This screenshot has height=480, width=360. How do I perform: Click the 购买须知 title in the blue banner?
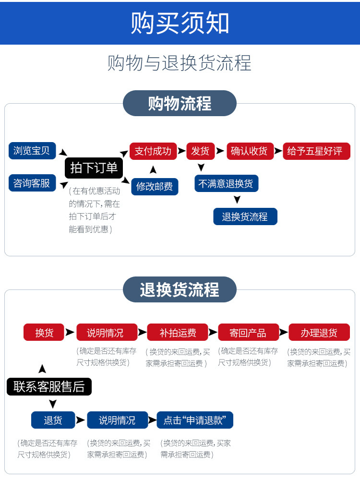[x=180, y=23]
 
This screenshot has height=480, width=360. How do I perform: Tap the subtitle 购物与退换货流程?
[x=180, y=63]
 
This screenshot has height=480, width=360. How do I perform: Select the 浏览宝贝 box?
[x=32, y=151]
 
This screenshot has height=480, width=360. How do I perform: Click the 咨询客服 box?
[x=32, y=183]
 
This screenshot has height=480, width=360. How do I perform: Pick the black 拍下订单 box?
[x=94, y=168]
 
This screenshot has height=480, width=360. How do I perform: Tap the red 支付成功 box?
[x=153, y=151]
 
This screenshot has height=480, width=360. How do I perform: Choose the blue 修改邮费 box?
[x=155, y=186]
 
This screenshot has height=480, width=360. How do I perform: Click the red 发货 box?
[x=200, y=151]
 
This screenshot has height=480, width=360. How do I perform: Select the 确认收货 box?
[x=249, y=151]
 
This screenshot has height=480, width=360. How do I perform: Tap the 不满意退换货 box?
[x=226, y=183]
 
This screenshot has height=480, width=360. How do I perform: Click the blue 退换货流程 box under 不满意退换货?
[x=245, y=216]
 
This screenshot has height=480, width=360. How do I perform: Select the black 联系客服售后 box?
[x=49, y=386]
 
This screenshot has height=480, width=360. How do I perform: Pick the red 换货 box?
[x=44, y=332]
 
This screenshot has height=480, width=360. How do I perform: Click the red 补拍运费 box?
[x=178, y=332]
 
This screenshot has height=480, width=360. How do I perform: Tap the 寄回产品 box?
[x=248, y=332]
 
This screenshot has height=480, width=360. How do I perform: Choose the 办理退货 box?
[x=319, y=332]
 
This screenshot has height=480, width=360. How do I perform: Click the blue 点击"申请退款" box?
[x=195, y=420]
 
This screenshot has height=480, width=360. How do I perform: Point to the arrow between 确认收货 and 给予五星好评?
[x=278, y=151]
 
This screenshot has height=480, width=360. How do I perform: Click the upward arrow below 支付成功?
[x=153, y=169]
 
